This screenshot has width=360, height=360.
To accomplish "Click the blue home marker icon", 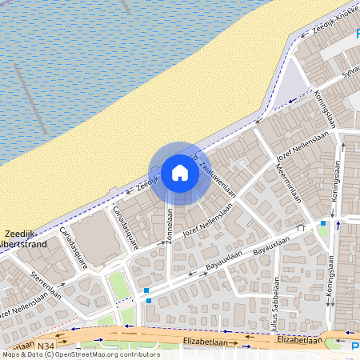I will tap(180, 173).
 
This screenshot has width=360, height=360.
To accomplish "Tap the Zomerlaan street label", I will tap(170, 226).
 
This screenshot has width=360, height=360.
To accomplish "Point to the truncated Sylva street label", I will tap(350, 73).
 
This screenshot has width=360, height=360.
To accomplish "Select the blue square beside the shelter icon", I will tap(149, 301).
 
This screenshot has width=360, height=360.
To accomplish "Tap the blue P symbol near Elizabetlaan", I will tap(354, 346).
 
